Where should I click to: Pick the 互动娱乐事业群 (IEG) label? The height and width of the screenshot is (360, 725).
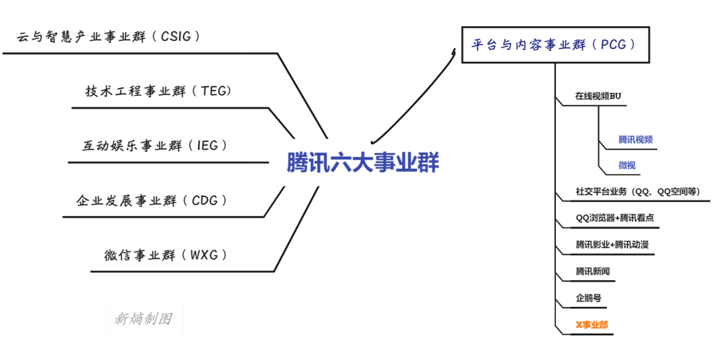155,146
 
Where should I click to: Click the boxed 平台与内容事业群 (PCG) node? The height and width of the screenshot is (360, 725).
557,45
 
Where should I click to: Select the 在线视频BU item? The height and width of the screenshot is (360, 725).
598,96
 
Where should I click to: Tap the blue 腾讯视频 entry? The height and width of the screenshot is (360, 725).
635,140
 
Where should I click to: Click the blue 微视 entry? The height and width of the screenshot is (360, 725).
627,165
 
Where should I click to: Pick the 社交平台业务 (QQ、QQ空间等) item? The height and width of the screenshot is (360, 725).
638,192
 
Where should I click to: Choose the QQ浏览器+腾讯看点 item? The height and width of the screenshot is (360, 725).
615,218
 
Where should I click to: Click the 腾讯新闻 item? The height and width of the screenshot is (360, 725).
593,271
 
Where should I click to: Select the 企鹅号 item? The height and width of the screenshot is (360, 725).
588,298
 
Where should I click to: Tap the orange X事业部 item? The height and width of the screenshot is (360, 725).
592,324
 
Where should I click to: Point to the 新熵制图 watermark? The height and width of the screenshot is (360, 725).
144,319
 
